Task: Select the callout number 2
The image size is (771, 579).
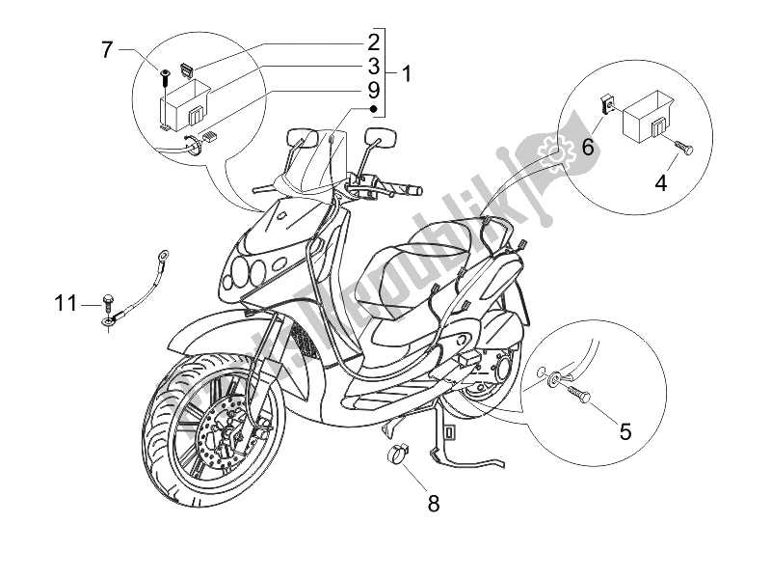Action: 371,41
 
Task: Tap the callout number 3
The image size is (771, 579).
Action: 371,67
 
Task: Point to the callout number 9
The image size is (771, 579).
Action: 371,92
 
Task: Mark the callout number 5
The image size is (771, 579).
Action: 625,431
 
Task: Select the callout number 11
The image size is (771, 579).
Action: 66,304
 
